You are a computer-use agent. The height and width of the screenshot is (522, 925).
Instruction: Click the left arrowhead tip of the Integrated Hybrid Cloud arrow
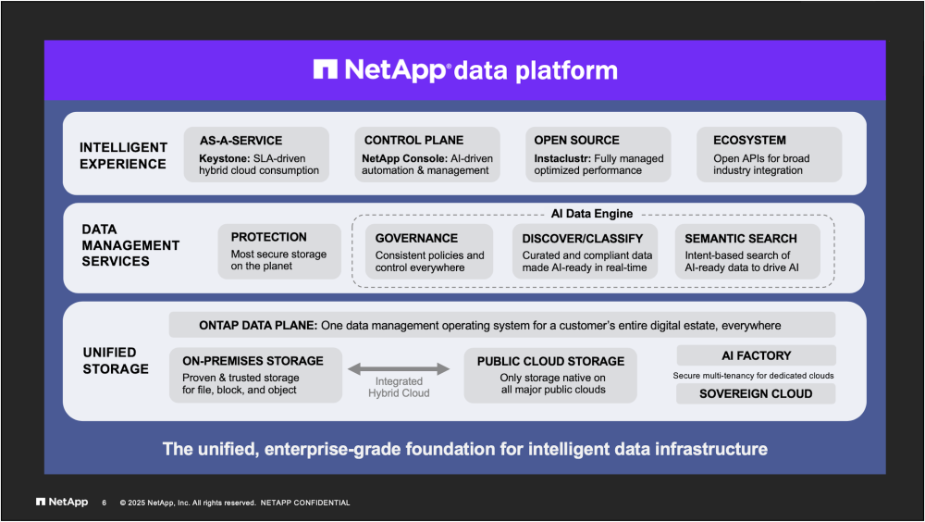coord(348,369)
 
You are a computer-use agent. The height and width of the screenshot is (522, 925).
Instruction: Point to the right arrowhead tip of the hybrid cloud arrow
coord(450,369)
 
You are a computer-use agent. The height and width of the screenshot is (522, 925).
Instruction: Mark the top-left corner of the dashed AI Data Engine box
coord(352,215)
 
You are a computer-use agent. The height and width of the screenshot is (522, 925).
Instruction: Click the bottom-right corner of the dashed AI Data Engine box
coord(834,287)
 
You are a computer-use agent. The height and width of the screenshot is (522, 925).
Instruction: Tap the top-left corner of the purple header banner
coord(44,41)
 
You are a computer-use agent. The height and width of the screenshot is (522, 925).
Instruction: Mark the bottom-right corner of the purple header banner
coord(885,100)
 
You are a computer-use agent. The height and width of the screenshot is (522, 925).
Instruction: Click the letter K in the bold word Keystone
coord(203,158)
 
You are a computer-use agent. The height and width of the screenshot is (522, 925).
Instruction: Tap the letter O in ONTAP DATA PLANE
coord(203,326)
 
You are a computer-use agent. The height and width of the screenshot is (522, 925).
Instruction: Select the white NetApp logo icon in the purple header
coord(325,69)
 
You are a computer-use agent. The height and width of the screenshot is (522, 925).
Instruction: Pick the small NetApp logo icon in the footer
coord(41,502)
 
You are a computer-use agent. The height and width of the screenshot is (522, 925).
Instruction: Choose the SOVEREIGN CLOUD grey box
coord(756,394)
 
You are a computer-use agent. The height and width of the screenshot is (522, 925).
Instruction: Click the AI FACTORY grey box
coord(757,355)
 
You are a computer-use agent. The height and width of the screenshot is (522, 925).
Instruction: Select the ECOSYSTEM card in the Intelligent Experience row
coord(769,155)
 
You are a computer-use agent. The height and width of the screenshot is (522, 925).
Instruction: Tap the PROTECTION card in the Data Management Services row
coord(279,251)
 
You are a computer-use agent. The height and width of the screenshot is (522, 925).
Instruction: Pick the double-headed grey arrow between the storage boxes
coord(399,369)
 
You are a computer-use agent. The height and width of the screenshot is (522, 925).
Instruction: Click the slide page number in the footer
coord(104,503)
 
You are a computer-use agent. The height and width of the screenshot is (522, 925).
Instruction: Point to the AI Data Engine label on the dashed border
coord(592,214)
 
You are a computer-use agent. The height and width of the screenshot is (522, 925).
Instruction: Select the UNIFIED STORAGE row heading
coord(116,361)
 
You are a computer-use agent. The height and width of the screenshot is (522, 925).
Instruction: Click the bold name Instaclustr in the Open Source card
coord(562,158)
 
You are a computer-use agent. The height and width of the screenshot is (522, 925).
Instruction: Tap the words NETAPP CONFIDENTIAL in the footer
coord(305,503)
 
